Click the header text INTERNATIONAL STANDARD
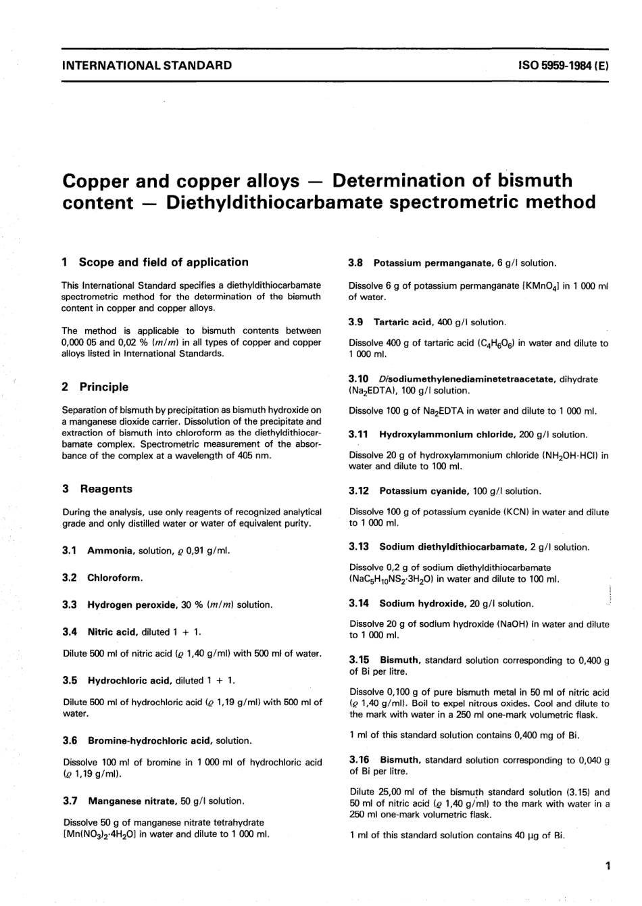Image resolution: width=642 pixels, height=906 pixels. pyautogui.click(x=147, y=66)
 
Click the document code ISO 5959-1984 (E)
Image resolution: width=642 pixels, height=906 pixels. pyautogui.click(x=564, y=66)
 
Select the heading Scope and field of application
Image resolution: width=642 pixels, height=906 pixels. pyautogui.click(x=164, y=262)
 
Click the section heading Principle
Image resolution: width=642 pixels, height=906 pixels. pyautogui.click(x=103, y=387)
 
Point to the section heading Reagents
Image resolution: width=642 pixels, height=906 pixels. pyautogui.click(x=106, y=489)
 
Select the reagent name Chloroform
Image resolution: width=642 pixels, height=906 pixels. pyautogui.click(x=115, y=577)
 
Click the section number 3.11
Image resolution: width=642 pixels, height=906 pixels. pyautogui.click(x=360, y=435)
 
